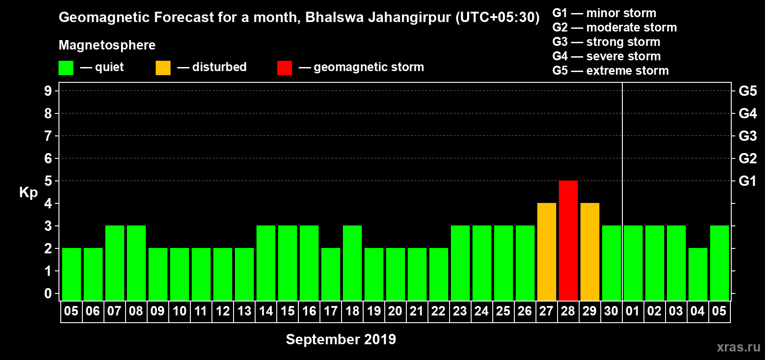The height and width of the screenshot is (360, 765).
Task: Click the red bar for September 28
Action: (568, 240)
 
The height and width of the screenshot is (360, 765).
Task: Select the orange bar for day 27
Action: (546, 252)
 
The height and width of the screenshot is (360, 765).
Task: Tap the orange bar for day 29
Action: (589, 252)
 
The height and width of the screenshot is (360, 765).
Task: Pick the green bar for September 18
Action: (352, 263)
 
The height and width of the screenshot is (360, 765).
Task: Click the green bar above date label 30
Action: (611, 263)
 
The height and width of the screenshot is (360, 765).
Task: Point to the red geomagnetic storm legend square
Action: (284, 68)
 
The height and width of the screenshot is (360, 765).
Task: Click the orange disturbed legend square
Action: (163, 68)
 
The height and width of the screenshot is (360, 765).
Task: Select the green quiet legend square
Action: (66, 68)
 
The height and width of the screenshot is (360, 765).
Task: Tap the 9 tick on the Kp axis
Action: (48, 91)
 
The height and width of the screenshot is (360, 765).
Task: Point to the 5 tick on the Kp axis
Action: (48, 181)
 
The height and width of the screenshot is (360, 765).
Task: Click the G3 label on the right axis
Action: (747, 136)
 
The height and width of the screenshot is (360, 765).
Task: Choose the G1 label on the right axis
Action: (747, 181)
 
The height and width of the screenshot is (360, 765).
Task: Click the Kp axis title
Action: (28, 193)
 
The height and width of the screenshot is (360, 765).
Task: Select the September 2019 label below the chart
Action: (341, 339)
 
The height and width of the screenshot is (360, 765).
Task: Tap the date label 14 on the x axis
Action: (265, 311)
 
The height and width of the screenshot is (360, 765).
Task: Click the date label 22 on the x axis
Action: (438, 311)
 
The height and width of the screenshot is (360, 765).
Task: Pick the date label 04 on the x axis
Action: (697, 311)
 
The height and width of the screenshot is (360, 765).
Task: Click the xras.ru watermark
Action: (738, 347)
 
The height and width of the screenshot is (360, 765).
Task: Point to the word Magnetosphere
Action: (107, 45)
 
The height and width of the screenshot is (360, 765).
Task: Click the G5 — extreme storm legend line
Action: (610, 71)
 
